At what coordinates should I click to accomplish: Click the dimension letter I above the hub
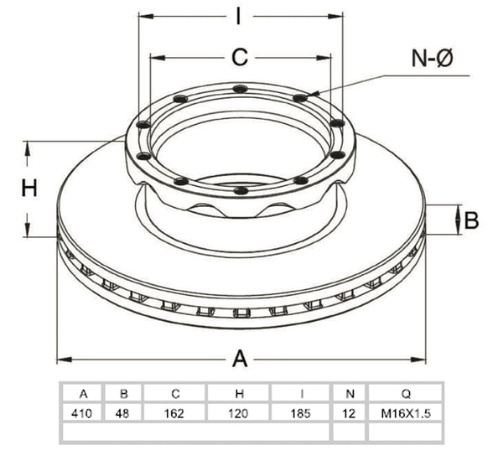(238, 16)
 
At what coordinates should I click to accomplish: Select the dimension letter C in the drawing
(240, 58)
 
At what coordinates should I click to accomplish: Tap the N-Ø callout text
(432, 59)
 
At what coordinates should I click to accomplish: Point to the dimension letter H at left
(29, 188)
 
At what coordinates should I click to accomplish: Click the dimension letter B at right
(471, 220)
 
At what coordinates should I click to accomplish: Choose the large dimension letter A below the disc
(240, 359)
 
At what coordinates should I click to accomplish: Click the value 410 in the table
(81, 413)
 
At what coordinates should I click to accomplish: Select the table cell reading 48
(122, 413)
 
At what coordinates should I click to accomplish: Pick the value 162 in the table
(174, 413)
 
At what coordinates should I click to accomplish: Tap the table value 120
(238, 413)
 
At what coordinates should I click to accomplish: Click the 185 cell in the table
(301, 413)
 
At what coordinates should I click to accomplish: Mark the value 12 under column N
(349, 413)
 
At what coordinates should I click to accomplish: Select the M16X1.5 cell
(406, 413)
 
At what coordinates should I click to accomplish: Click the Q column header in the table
(406, 393)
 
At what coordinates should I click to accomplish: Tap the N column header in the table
(350, 393)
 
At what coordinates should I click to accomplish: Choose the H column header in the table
(239, 393)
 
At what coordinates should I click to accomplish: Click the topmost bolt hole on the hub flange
(241, 89)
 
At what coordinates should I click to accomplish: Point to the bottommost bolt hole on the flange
(241, 190)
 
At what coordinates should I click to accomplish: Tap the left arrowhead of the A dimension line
(65, 360)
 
